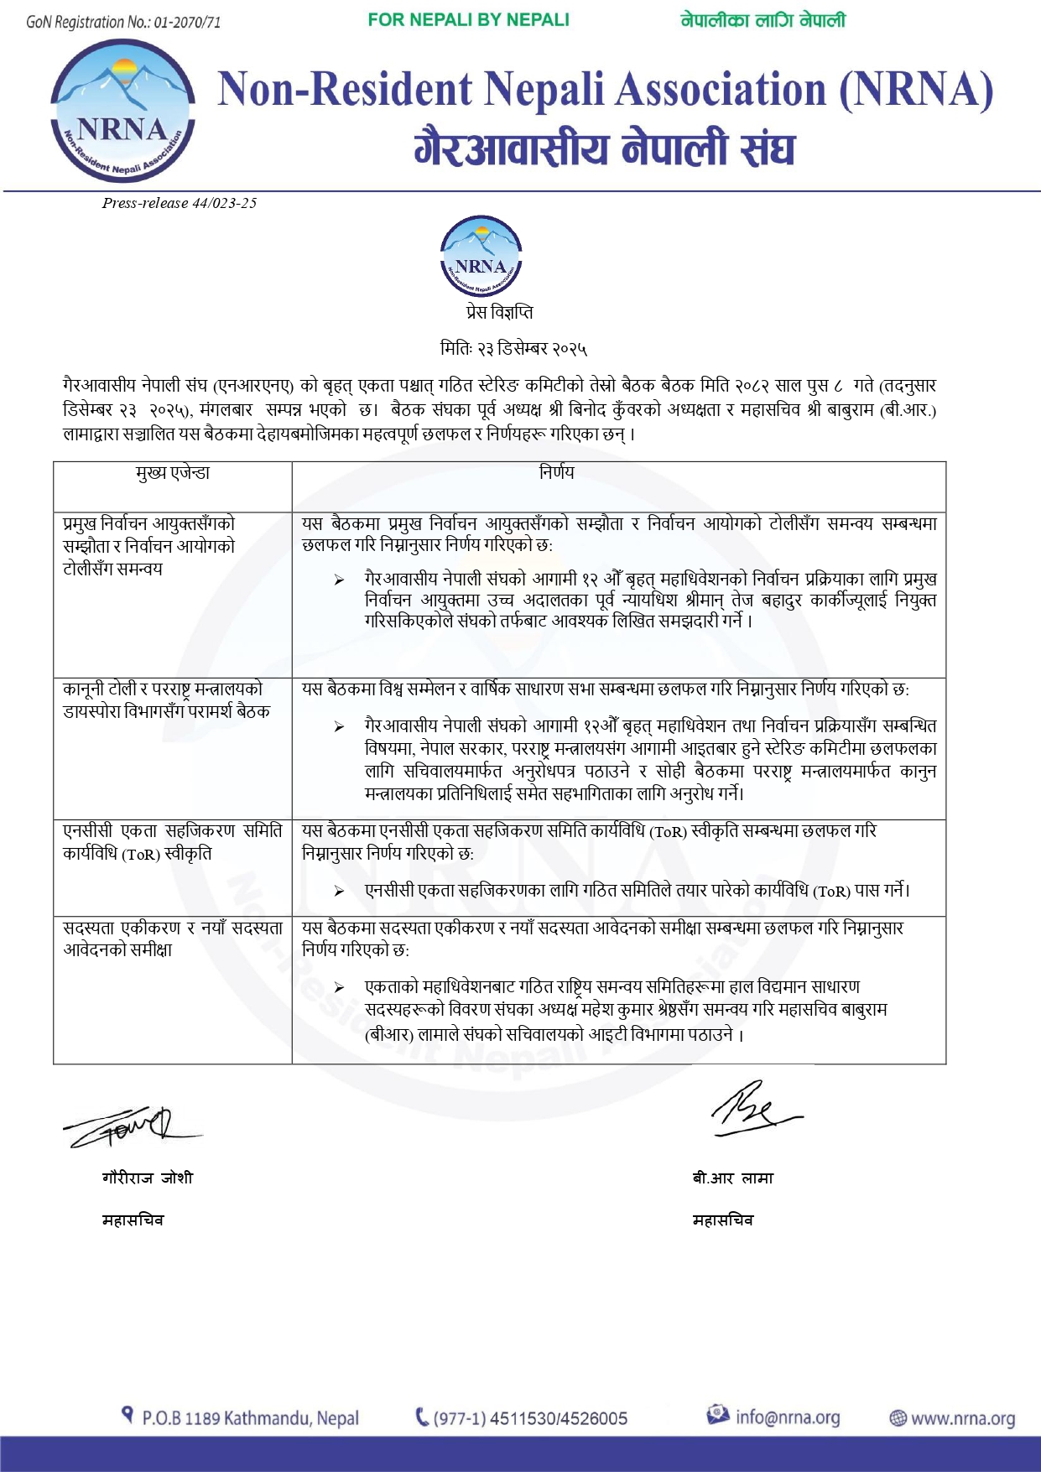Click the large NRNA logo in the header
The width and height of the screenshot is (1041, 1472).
[x=122, y=110]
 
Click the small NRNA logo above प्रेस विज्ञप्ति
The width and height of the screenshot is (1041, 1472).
[x=481, y=257]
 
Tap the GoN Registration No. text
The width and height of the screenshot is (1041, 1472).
[x=123, y=22]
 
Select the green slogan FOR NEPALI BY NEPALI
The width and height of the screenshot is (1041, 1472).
[x=468, y=20]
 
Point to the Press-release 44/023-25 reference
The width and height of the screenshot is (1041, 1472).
[x=180, y=203]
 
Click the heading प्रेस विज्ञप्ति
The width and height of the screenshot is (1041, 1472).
[x=499, y=313]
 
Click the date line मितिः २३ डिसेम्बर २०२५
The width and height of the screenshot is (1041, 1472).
[x=513, y=348]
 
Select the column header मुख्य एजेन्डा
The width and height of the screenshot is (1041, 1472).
[x=173, y=473]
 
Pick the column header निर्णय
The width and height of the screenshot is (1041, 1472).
[x=557, y=473]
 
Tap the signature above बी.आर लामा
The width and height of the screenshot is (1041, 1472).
[x=754, y=1109]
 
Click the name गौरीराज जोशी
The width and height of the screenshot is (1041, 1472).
[x=148, y=1178]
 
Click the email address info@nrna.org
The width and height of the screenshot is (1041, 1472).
[x=788, y=1417]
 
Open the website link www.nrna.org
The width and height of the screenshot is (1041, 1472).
[x=962, y=1419]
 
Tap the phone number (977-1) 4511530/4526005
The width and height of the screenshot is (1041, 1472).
[x=530, y=1418]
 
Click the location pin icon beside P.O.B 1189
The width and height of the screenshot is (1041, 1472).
[x=128, y=1416]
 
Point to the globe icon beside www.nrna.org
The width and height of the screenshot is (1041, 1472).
[x=898, y=1418]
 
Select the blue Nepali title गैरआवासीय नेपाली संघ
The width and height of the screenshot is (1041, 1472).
[x=605, y=148]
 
